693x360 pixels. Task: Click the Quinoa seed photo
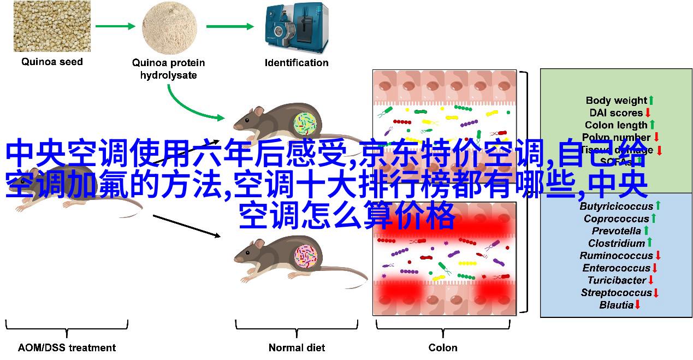(x=52, y=26)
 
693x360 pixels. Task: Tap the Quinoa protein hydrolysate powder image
(x=169, y=27)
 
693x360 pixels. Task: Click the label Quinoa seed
(x=52, y=62)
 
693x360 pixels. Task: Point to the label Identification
(x=297, y=63)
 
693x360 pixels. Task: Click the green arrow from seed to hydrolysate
(x=115, y=26)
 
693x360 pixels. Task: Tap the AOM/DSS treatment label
(x=67, y=347)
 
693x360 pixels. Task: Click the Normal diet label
(x=297, y=347)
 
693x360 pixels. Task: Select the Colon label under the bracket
(x=443, y=347)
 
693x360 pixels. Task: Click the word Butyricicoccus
(x=616, y=206)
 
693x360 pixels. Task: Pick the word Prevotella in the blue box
(x=616, y=231)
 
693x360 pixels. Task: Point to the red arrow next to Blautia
(x=637, y=305)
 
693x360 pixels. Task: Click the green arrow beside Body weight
(x=650, y=101)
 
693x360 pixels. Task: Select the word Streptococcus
(x=616, y=293)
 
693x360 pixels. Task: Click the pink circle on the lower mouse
(x=306, y=256)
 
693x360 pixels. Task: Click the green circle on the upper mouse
(x=305, y=124)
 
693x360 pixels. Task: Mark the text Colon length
(x=616, y=125)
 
